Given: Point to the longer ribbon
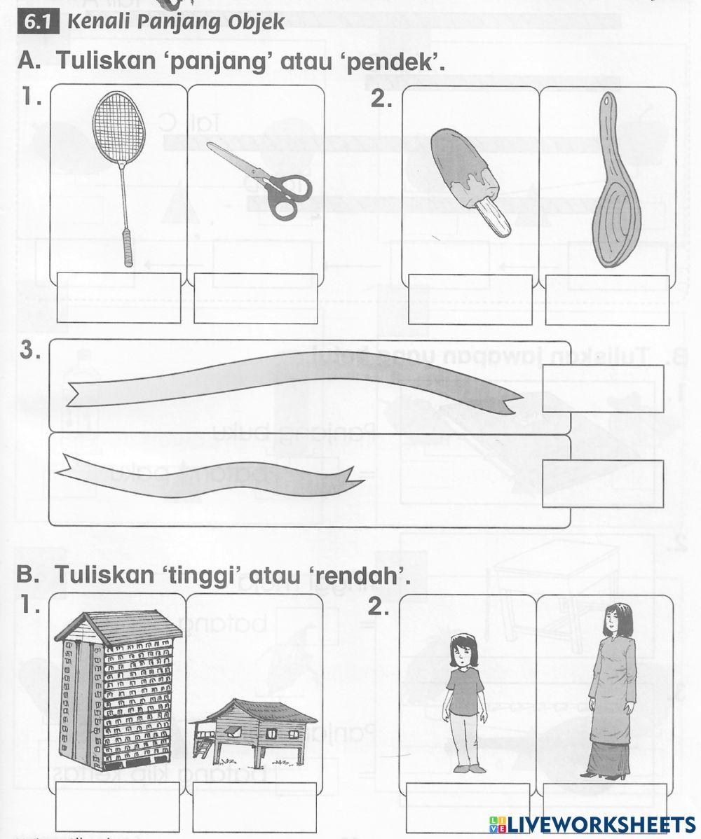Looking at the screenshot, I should pos(294,381).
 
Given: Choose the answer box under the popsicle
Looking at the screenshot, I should pos(470,299).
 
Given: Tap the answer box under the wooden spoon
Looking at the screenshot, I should pos(608,299).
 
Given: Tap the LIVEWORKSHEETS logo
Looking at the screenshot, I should pos(592,824).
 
